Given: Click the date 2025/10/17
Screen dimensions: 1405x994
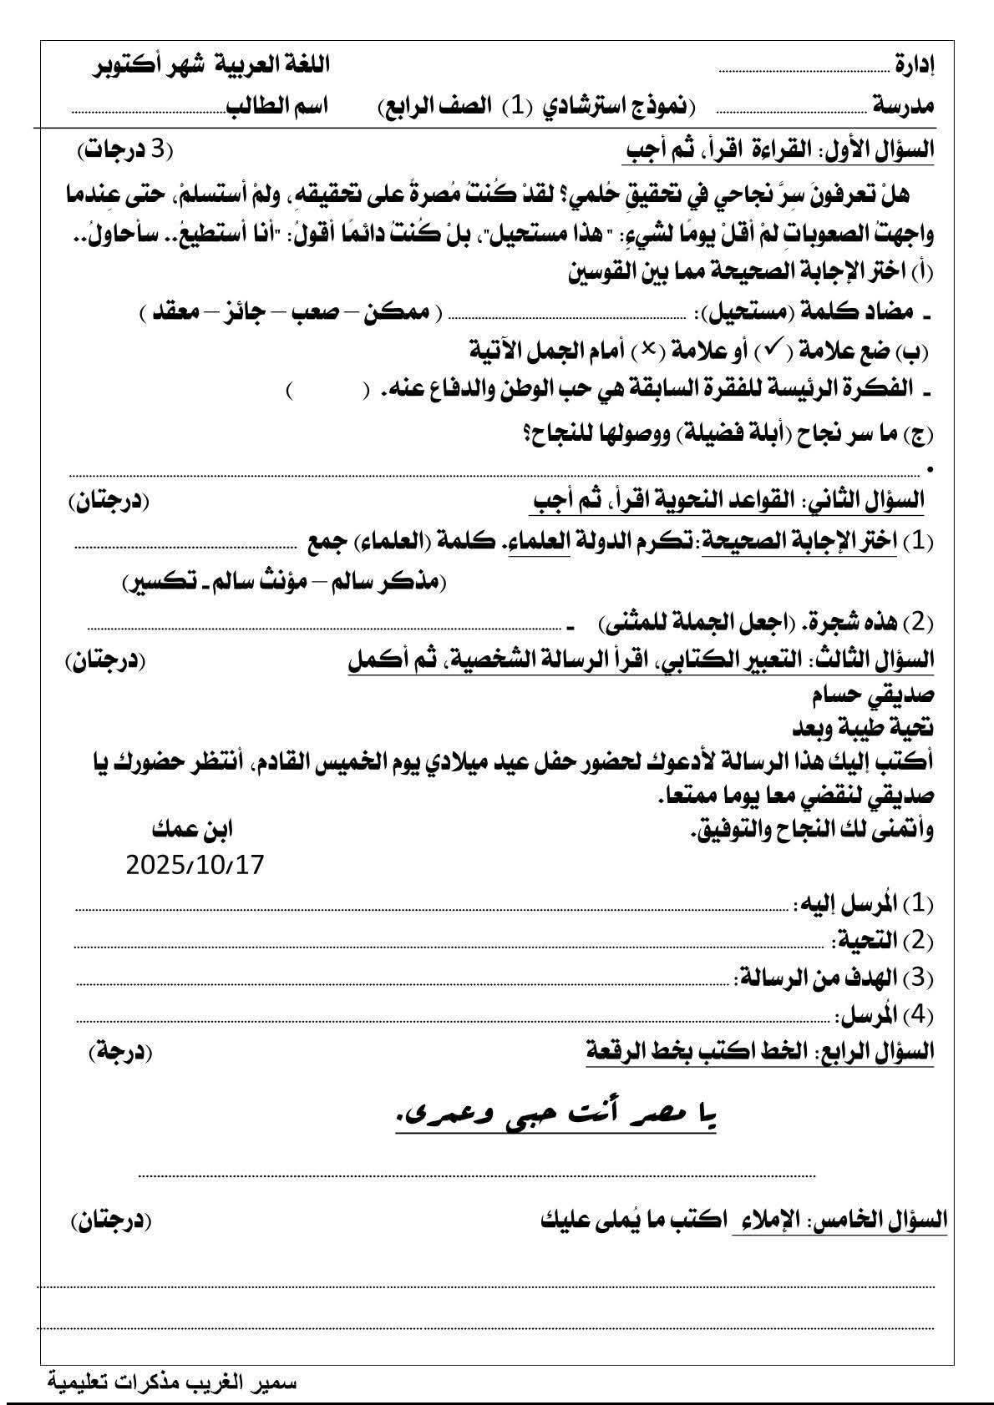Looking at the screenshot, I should pyautogui.click(x=195, y=865).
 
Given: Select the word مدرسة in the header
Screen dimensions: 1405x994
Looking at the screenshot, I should pyautogui.click(x=905, y=106).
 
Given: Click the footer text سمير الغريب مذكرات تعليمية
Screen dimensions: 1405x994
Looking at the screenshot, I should pyautogui.click(x=172, y=1382).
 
